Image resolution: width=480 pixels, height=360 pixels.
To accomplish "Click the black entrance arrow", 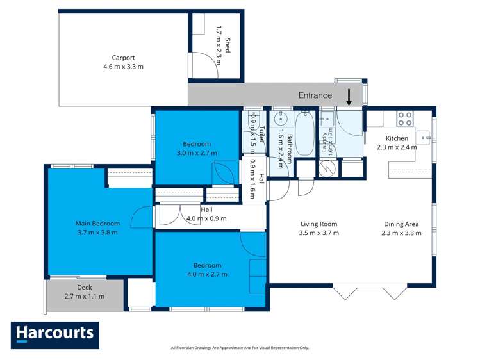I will pos(348,97).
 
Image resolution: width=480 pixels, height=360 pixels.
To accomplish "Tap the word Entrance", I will pos(315,95).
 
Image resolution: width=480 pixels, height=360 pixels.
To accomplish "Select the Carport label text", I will pos(123,57).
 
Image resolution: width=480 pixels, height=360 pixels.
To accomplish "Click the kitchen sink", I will pos(426,136).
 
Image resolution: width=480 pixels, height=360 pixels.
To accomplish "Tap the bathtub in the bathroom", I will pos(304,133).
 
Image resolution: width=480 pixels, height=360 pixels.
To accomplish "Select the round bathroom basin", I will pos(280,119).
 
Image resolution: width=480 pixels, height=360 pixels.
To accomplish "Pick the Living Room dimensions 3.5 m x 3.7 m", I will pos(319,233).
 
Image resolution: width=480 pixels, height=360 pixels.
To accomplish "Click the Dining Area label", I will pos(402,224).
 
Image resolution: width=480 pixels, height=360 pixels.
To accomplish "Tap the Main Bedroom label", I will pos(97,224).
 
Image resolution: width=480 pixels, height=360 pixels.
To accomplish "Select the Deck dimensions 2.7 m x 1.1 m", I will pos(85,297).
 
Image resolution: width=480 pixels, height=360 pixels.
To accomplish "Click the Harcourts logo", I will pos(55,334).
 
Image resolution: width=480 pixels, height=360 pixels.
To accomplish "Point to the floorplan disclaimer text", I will pos(240,348).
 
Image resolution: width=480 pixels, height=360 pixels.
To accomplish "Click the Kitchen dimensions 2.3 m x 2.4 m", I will pos(397,147).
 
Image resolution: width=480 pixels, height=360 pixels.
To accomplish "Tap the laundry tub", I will pos(326,119).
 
